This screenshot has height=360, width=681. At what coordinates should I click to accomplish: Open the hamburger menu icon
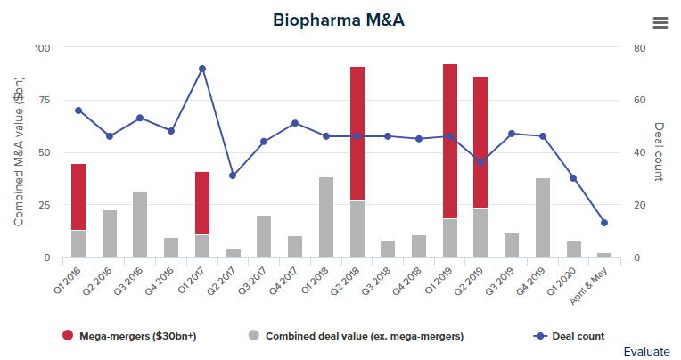660,22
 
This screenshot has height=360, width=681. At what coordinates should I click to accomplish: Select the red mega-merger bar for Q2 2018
357,134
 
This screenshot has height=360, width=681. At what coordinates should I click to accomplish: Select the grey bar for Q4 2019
543,217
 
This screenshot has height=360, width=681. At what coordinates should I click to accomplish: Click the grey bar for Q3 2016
141,224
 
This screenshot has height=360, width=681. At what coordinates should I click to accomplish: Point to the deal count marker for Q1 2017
202,69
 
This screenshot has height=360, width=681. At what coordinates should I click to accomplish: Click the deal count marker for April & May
604,223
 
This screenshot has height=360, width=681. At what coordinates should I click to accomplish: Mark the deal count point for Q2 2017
234,176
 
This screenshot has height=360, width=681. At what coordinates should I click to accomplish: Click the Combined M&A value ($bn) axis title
19,152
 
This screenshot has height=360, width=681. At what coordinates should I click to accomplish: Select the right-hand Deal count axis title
660,152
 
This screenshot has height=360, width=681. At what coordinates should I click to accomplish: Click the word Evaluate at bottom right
647,351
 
